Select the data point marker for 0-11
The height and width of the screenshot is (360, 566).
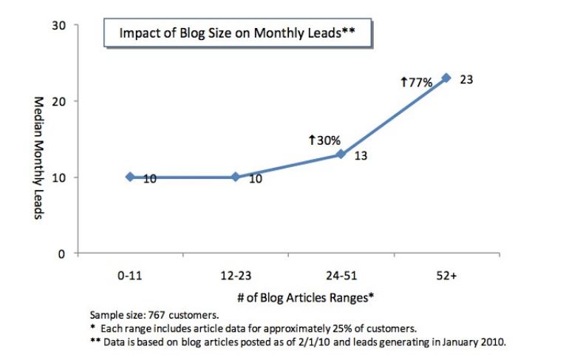pyautogui.click(x=130, y=177)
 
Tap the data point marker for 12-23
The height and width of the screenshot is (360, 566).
pyautogui.click(x=235, y=177)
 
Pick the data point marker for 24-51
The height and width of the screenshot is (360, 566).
pyautogui.click(x=341, y=154)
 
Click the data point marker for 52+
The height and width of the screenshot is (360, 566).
pyautogui.click(x=446, y=78)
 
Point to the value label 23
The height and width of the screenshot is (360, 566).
pyautogui.click(x=466, y=78)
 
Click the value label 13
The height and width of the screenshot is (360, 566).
pyautogui.click(x=361, y=157)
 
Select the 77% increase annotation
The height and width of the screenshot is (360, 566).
pyautogui.click(x=415, y=83)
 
